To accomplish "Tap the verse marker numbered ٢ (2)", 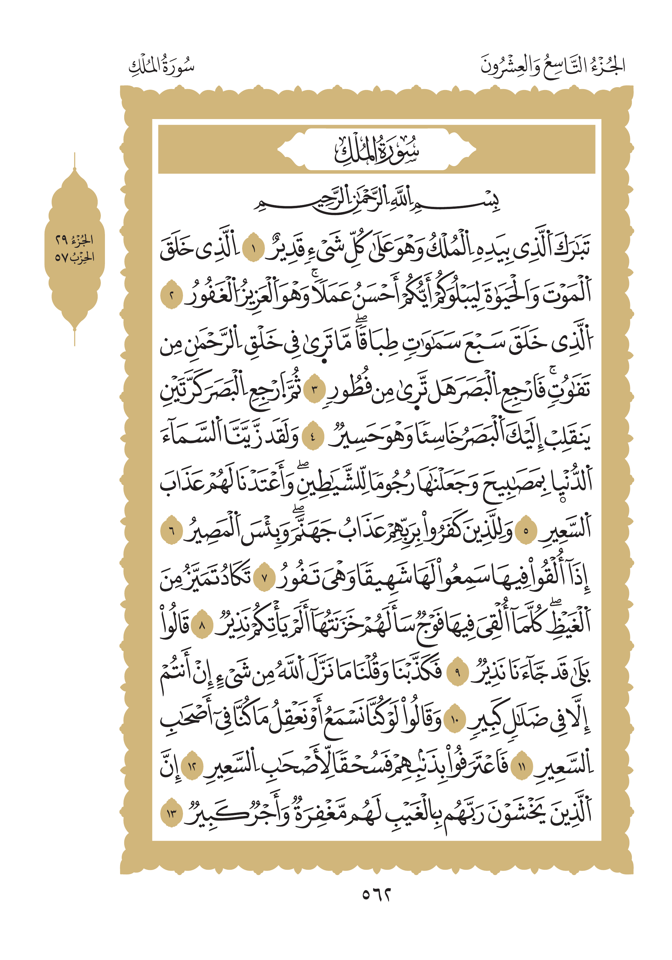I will [171, 297].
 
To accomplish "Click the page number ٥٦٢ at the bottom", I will [376, 894].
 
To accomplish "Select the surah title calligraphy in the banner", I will [376, 150].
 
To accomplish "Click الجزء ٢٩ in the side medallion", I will [75, 240].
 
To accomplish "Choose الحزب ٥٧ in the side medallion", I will [75, 257].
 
